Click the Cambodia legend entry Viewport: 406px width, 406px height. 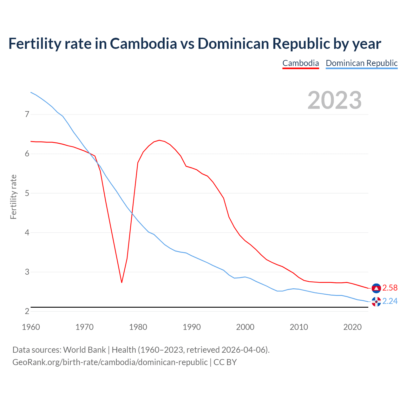300,63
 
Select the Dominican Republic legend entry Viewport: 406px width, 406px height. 362,63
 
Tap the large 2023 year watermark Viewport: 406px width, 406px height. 334,100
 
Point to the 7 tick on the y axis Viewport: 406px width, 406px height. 27,114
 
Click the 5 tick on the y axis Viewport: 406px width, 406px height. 27,193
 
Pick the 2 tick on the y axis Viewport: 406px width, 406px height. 27,311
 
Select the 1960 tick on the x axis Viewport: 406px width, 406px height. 31,327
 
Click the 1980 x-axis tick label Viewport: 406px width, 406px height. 138,327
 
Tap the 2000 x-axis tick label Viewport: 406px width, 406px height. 245,327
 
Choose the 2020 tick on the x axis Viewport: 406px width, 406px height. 352,327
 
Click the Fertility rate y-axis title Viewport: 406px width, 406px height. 13,197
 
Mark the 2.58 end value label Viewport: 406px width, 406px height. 390,288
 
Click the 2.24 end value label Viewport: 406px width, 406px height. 390,301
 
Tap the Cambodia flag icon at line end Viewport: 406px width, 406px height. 376,288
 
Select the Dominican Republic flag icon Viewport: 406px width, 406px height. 376,302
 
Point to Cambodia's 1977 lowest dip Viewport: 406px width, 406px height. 121,282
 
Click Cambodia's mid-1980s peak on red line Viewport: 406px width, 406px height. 159,140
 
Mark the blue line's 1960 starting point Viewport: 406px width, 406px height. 31,92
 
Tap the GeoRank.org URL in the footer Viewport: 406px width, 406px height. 110,362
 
